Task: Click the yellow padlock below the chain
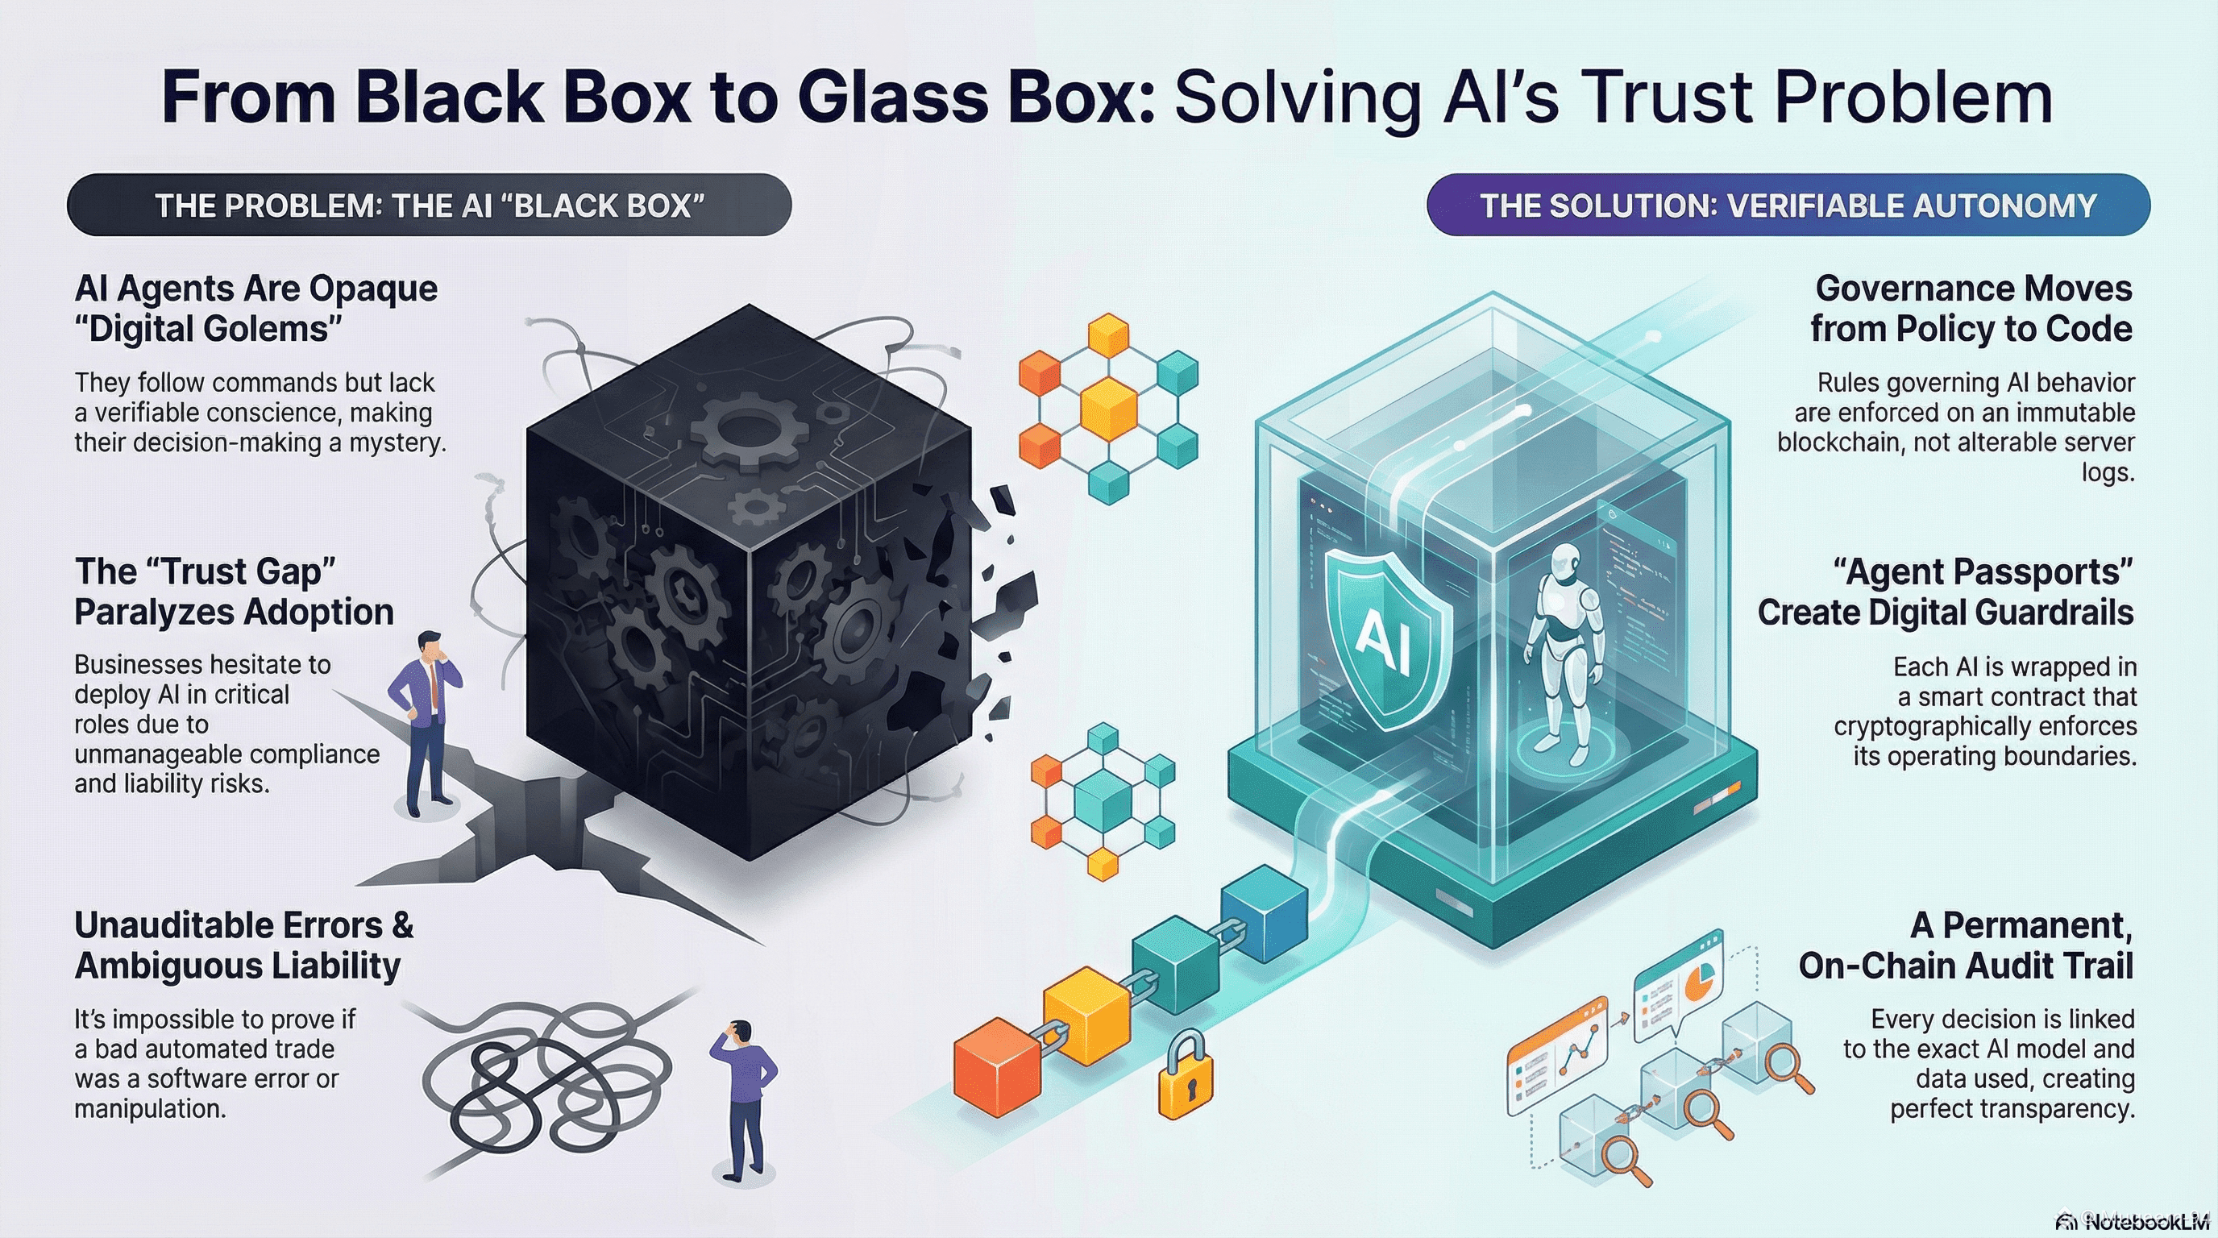[1186, 1076]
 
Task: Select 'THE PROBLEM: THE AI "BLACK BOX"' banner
[429, 205]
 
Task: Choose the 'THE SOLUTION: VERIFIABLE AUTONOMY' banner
[1788, 205]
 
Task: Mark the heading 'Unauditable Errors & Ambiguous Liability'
[243, 945]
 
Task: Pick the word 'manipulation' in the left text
[150, 1109]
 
